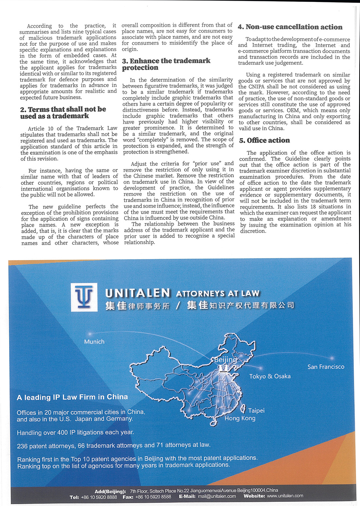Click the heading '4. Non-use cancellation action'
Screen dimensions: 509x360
290,27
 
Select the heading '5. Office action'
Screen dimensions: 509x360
264,140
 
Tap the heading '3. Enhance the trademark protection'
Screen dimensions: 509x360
166,64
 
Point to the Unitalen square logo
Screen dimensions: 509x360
84,297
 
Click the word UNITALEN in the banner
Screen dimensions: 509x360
138,293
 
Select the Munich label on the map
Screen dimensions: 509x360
94,342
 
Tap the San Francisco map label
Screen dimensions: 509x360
326,367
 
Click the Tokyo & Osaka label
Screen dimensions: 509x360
270,376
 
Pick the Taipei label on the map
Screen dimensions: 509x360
256,411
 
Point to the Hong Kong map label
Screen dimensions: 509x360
240,418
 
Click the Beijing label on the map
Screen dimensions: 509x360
225,360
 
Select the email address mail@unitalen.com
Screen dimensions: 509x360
217,496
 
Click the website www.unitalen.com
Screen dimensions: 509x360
285,496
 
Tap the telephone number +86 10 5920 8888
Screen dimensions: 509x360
99,497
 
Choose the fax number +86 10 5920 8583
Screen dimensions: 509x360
153,497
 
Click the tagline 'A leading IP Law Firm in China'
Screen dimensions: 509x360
72,397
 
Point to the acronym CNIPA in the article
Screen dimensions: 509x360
254,87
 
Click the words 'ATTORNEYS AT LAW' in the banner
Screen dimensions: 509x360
218,293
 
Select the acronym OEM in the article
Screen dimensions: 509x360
293,111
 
